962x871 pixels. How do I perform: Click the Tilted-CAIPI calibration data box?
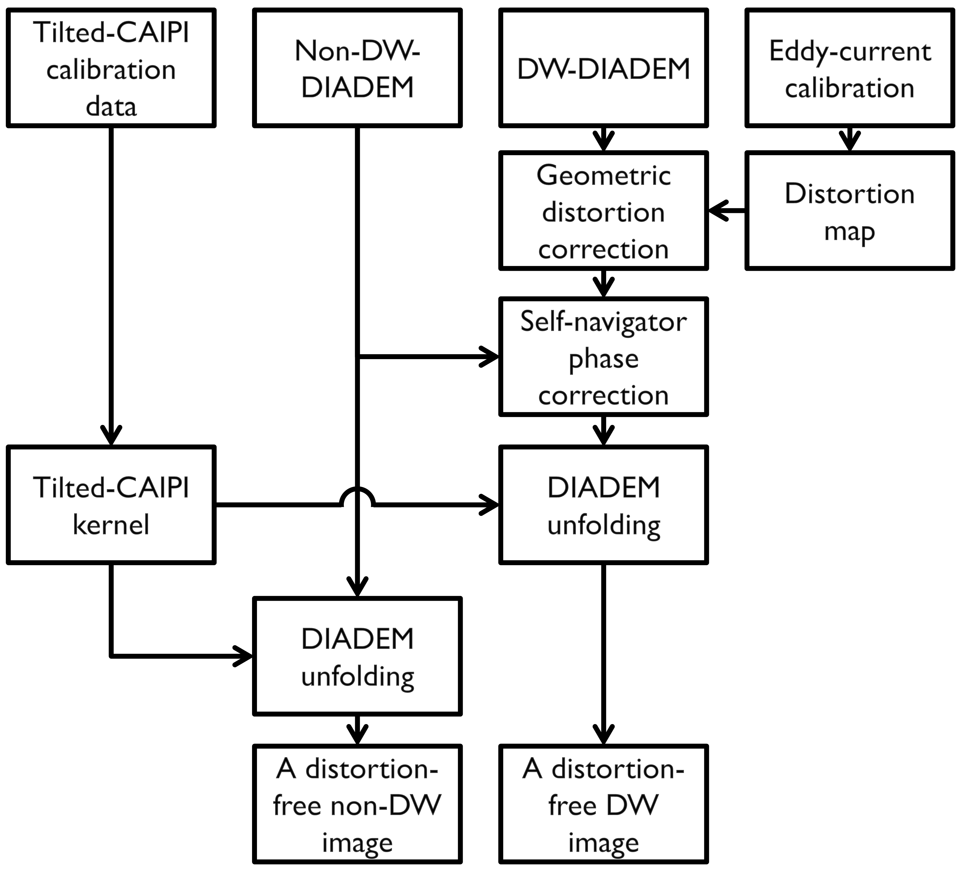111,68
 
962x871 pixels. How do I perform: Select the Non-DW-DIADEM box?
357,68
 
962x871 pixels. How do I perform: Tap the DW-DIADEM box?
604,68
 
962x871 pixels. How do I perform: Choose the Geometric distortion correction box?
604,211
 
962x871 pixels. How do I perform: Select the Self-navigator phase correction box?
604,357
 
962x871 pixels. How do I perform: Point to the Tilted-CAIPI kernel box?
111,505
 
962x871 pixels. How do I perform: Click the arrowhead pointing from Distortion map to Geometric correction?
718,211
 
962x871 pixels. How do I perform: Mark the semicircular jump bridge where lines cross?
357,496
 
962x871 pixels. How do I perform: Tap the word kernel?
111,525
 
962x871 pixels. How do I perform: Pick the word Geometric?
604,176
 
